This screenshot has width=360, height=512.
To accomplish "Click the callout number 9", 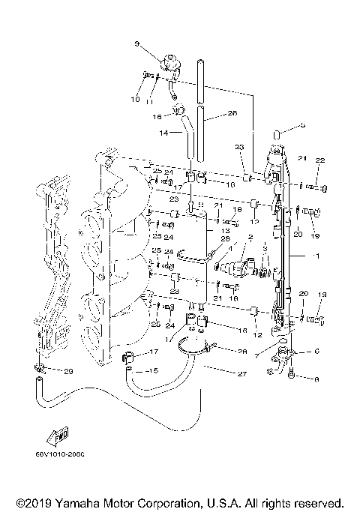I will [138, 44].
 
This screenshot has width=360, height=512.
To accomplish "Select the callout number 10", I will [136, 99].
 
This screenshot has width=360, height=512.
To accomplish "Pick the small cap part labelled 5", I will [275, 135].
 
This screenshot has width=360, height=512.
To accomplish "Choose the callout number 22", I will [319, 160].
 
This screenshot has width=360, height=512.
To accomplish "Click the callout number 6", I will [316, 351].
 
